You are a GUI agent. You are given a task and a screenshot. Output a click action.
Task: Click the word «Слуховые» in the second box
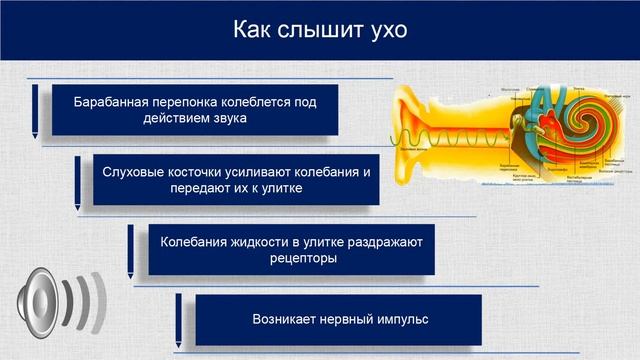(x=134, y=171)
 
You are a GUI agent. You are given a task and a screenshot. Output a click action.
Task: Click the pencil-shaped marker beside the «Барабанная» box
(x=36, y=110)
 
